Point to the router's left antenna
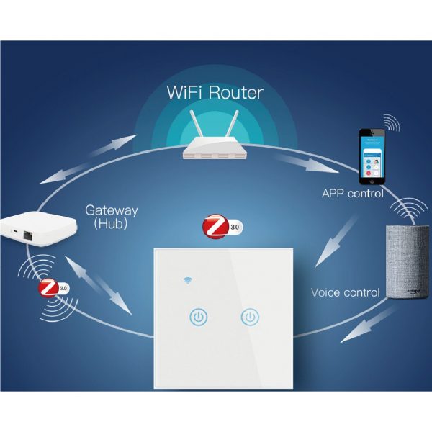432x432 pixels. coord(192,123)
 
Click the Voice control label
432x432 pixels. coord(345,292)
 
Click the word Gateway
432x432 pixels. coord(111,211)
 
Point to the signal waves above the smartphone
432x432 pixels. coord(392,123)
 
